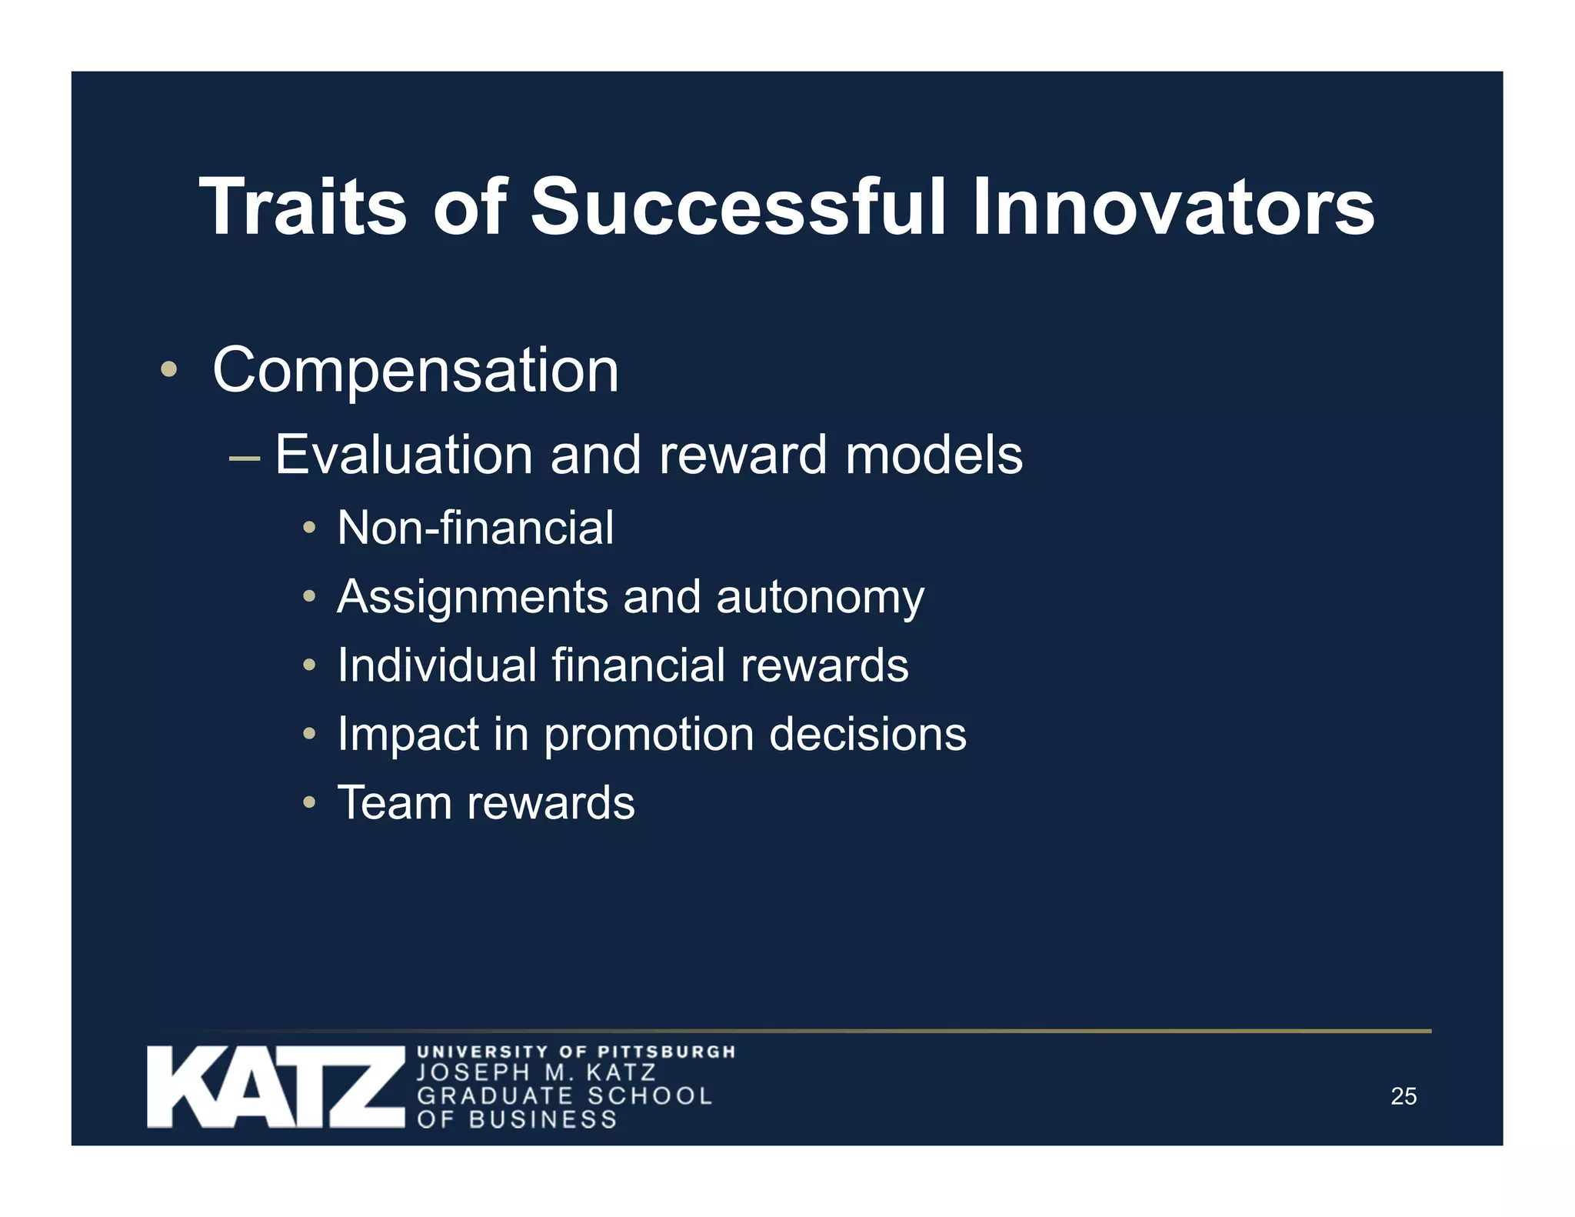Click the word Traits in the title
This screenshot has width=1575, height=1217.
pyautogui.click(x=302, y=208)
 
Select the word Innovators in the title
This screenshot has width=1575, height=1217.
pyautogui.click(x=1172, y=208)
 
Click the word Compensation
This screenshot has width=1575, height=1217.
pyautogui.click(x=415, y=371)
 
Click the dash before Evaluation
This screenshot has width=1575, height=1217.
pyautogui.click(x=245, y=459)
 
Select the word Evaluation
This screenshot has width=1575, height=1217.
pyautogui.click(x=403, y=455)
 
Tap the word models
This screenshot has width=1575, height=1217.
pyautogui.click(x=934, y=455)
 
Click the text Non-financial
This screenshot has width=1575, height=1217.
pyautogui.click(x=475, y=528)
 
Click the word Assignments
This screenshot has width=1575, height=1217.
pyautogui.click(x=472, y=598)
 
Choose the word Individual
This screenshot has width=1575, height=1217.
pyautogui.click(x=437, y=665)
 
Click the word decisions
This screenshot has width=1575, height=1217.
pyautogui.click(x=867, y=734)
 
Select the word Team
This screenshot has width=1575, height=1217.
pyautogui.click(x=395, y=803)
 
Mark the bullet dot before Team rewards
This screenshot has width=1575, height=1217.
pyautogui.click(x=309, y=802)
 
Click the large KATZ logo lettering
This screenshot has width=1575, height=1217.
pyautogui.click(x=275, y=1087)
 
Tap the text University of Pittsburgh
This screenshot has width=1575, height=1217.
pyautogui.click(x=576, y=1052)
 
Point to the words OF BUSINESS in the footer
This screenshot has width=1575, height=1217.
pyautogui.click(x=517, y=1119)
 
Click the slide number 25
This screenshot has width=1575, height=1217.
pyautogui.click(x=1404, y=1096)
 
